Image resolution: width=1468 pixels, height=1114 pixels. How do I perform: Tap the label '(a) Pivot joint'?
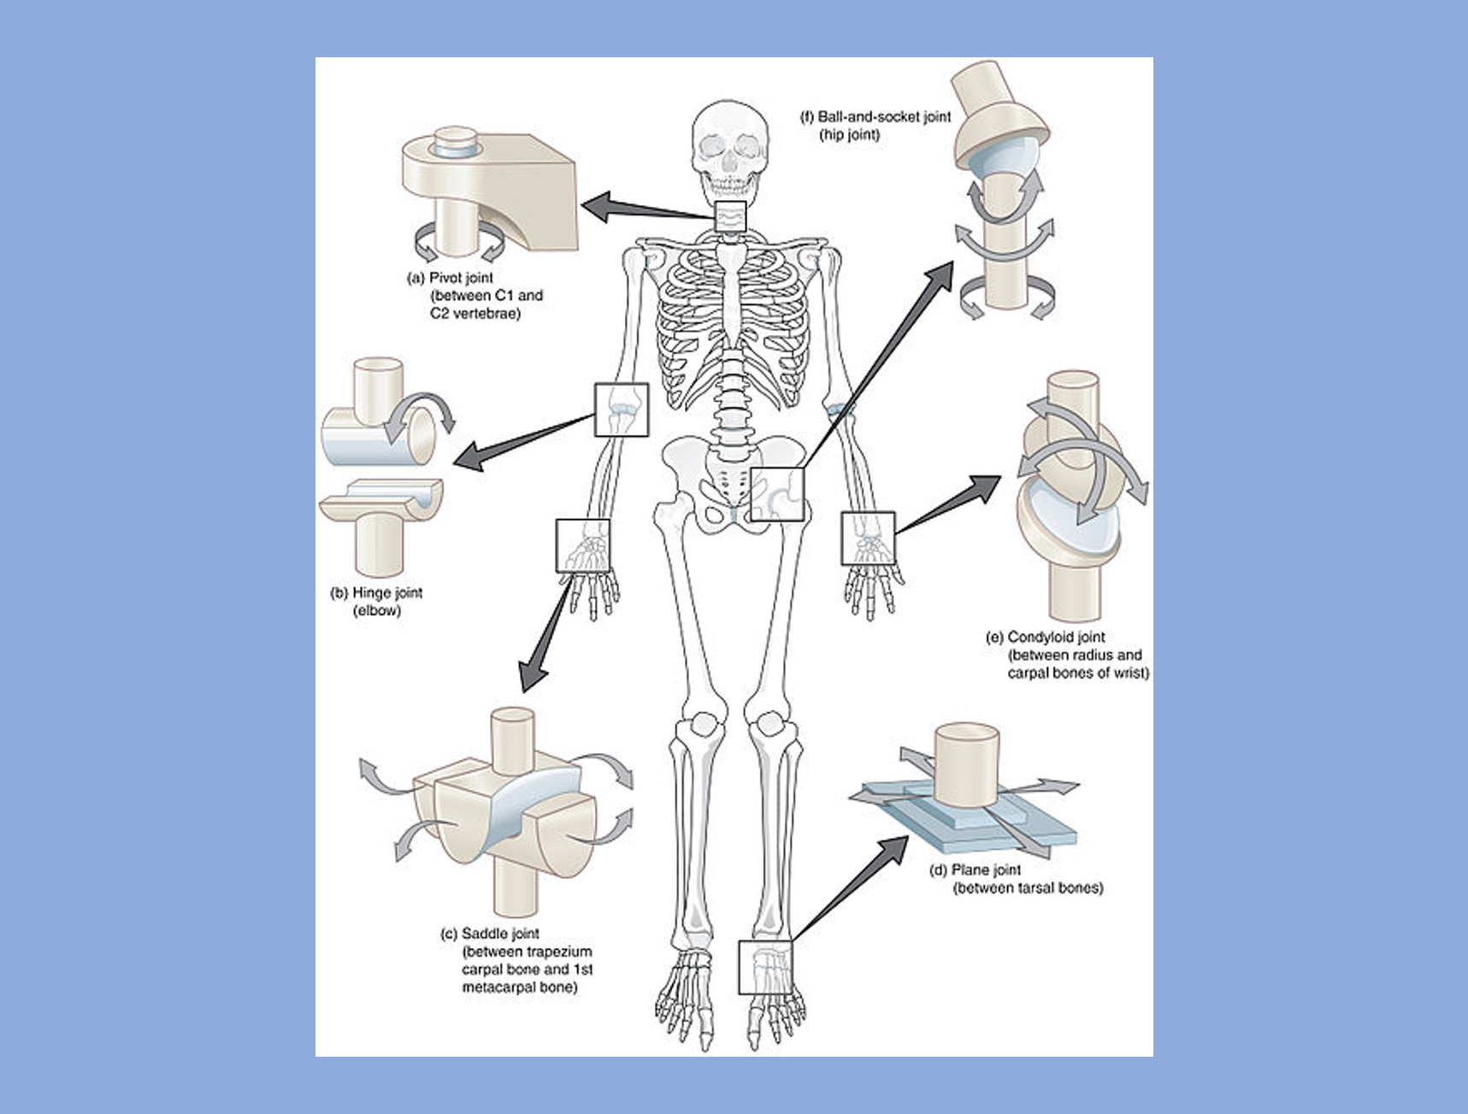pyautogui.click(x=451, y=278)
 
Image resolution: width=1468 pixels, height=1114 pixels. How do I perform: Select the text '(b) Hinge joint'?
pyautogui.click(x=376, y=592)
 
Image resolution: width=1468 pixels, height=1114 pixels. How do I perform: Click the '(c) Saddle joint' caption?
pyautogui.click(x=489, y=934)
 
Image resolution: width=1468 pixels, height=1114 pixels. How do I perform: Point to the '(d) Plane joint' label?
pyautogui.click(x=975, y=869)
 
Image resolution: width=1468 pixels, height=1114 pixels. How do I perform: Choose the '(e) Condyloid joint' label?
pyautogui.click(x=1045, y=637)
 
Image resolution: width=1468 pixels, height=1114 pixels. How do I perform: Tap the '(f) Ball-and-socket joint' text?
pyautogui.click(x=875, y=117)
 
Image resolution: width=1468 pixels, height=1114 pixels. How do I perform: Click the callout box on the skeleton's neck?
pyautogui.click(x=729, y=218)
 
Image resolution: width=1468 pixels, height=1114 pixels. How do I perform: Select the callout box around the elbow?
pyautogui.click(x=622, y=410)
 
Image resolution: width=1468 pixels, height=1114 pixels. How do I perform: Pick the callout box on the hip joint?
pyautogui.click(x=779, y=494)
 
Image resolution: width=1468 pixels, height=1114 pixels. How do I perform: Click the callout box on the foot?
pyautogui.click(x=765, y=967)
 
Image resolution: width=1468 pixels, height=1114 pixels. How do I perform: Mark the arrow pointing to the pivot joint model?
pyautogui.click(x=641, y=209)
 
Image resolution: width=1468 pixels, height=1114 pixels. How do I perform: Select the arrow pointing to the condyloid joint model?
pyautogui.click(x=949, y=504)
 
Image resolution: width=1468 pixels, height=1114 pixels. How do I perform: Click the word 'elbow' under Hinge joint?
pyautogui.click(x=377, y=610)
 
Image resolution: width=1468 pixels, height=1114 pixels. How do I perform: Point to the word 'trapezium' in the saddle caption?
pyautogui.click(x=561, y=952)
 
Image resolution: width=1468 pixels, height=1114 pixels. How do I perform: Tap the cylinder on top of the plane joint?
pyautogui.click(x=967, y=764)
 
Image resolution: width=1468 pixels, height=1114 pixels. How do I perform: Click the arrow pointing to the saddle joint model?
pyautogui.click(x=547, y=633)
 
